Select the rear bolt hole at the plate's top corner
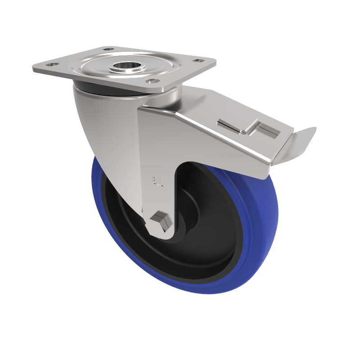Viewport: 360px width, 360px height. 108,49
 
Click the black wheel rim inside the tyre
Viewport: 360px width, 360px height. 211,265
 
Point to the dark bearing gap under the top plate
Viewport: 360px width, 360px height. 112,90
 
